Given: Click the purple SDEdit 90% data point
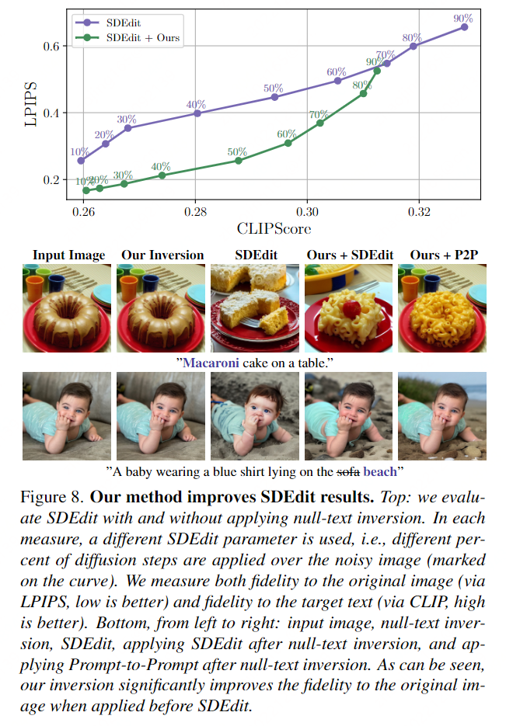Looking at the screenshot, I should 465,26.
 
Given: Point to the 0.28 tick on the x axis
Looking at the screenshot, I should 196,211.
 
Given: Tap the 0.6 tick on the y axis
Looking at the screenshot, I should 51,47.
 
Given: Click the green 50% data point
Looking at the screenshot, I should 239,161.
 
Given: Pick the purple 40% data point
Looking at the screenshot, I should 197,113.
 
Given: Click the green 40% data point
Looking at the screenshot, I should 162,175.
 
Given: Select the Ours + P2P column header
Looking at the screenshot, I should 441,255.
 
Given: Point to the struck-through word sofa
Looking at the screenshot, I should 347,471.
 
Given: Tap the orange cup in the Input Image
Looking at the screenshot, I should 36,287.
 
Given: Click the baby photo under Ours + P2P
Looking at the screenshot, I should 441,416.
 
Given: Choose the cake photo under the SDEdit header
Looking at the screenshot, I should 254,308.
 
